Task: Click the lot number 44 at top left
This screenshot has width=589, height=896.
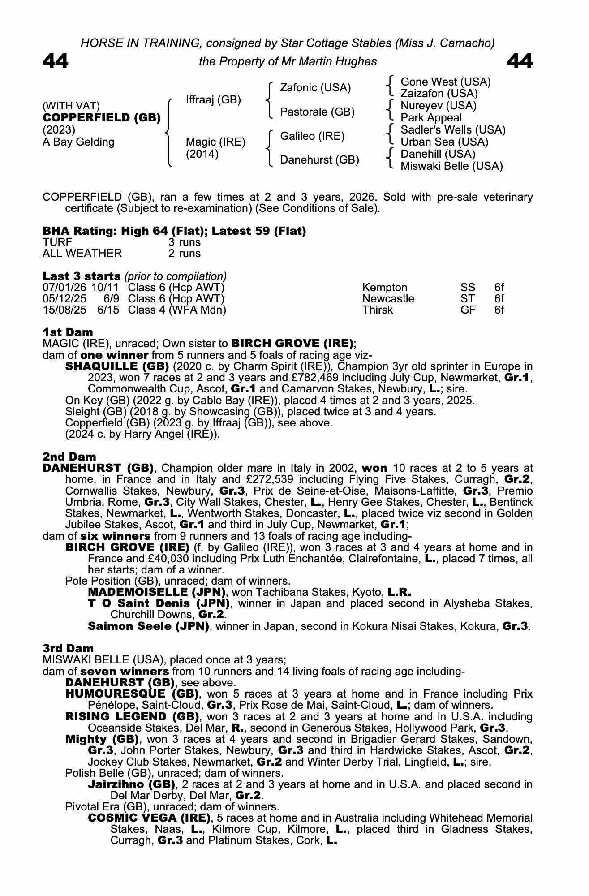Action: coord(56,61)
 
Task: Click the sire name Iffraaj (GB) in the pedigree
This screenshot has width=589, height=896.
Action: coord(213,100)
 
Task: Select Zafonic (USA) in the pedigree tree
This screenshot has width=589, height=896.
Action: coord(315,88)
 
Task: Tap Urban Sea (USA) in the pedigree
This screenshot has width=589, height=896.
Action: coord(444,142)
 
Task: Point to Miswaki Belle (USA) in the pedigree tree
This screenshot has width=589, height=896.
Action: coord(451,166)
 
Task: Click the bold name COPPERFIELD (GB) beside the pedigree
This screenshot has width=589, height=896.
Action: coord(102,118)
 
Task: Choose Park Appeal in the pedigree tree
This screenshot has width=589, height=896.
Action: coord(431,118)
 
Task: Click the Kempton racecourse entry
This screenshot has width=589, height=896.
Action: coord(385,288)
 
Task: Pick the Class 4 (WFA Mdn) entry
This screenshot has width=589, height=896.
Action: coord(177,310)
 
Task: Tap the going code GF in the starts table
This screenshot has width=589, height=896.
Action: coord(468,310)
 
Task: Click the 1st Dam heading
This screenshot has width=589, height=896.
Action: coord(68,332)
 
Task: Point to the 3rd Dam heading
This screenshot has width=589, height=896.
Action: coord(68,649)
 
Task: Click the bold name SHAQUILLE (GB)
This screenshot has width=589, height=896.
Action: coord(117,366)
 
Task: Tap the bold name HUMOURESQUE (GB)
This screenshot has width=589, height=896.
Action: coord(132,694)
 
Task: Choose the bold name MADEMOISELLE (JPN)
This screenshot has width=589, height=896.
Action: coord(156,592)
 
